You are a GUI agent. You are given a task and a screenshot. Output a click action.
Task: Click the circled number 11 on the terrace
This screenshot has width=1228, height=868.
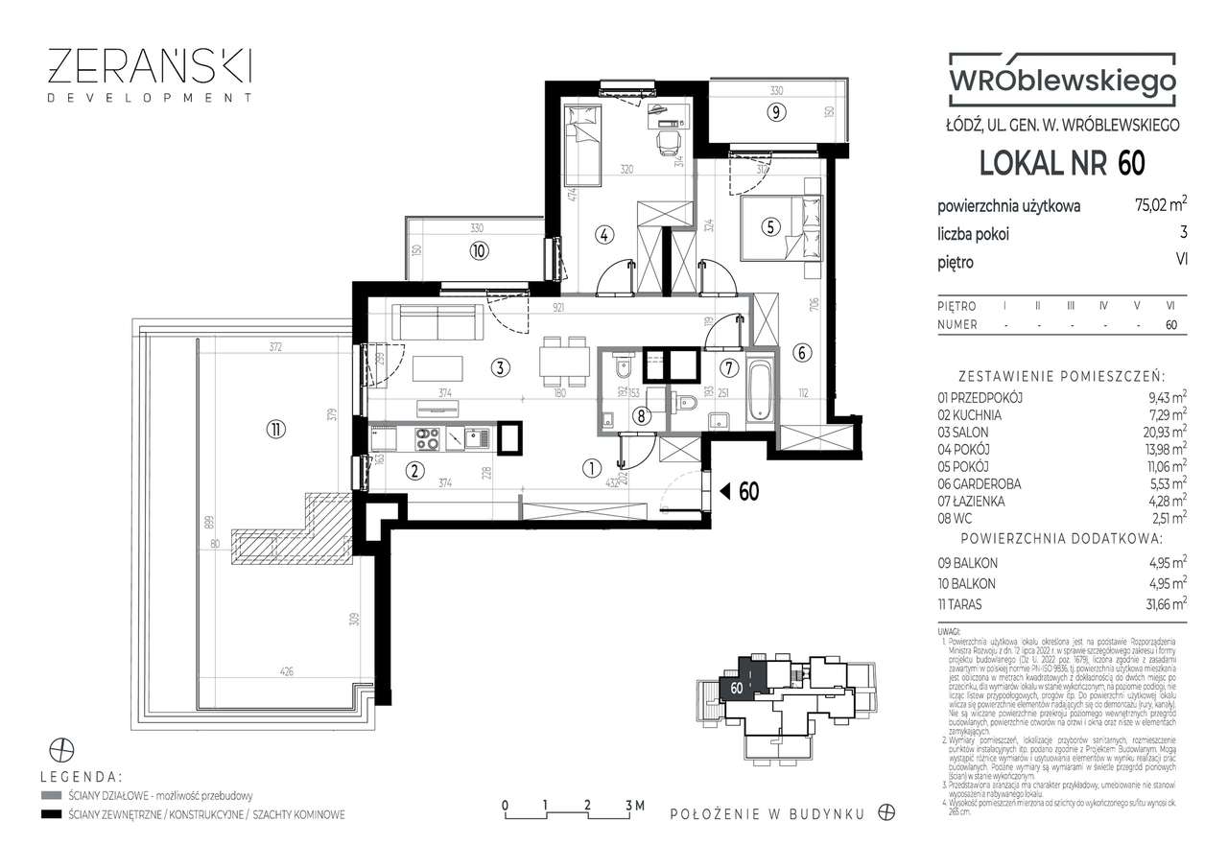(x=276, y=429)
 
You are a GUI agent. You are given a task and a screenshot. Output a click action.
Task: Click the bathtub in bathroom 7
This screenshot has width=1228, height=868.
(x=759, y=391)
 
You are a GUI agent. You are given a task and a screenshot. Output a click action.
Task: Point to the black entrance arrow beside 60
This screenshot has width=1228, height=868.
(x=726, y=492)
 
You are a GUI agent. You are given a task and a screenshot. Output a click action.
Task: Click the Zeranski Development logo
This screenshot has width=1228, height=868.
(x=151, y=74)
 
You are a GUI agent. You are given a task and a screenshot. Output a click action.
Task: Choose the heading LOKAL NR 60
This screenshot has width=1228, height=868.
(x=1061, y=163)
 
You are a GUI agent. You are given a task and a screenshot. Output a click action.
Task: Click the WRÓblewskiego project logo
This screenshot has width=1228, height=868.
(x=1061, y=80)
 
